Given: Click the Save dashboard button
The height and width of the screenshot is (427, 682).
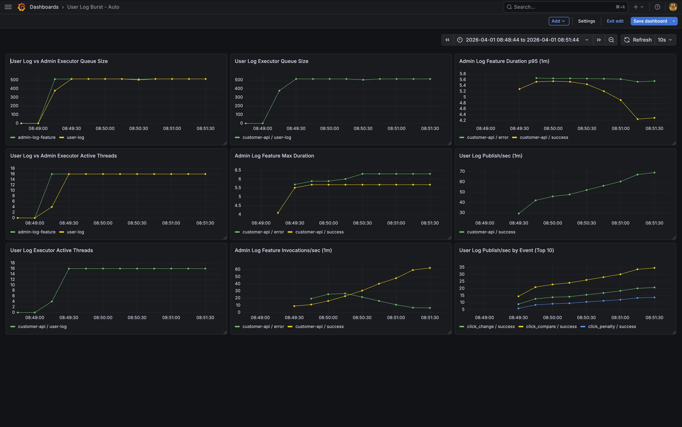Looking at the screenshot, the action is click(650, 21).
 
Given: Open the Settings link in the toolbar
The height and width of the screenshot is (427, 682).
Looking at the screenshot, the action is click(586, 21).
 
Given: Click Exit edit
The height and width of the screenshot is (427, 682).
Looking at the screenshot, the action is click(615, 21).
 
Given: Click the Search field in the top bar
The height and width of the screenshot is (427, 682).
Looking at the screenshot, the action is click(565, 7).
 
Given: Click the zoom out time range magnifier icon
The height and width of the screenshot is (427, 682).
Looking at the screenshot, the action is click(611, 40).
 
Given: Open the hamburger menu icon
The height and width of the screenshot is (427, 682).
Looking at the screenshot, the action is click(8, 7).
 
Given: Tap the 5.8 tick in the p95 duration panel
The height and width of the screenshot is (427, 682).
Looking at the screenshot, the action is click(463, 74).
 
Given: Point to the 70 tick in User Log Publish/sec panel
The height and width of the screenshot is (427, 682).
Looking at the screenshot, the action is click(462, 171).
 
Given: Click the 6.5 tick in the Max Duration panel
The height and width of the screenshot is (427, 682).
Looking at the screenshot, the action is click(238, 170).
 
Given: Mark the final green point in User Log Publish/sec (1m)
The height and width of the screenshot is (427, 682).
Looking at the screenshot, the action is click(654, 173).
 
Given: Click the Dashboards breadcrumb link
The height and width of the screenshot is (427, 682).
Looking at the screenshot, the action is click(44, 7).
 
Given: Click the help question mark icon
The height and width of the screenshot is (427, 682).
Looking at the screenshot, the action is click(657, 7).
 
